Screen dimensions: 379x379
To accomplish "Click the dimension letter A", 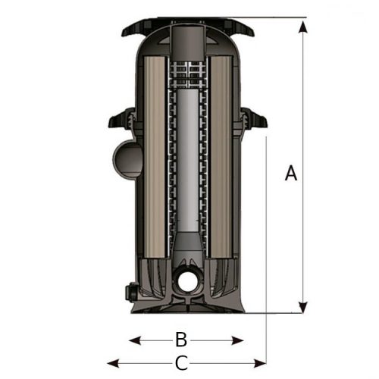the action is coord(291,173).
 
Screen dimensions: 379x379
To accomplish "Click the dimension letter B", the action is coord(181,339).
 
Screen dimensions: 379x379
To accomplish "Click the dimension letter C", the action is coord(181,363).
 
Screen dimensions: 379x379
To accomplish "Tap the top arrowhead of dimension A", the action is coord(303,27).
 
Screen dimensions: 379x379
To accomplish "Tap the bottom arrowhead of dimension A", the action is coord(302,308).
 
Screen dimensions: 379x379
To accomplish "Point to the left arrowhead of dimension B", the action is coord(135,340).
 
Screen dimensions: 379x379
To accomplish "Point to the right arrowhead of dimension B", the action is coord(237,341).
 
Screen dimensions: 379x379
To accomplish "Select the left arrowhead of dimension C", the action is coord(113,364).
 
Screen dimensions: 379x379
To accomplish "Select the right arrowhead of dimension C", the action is coord(260,364).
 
